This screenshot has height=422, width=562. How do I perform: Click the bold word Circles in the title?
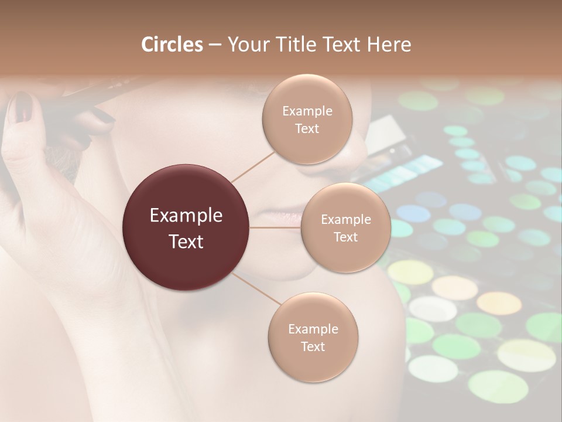(x=172, y=45)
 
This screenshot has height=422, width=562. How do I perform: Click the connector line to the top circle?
(x=253, y=165)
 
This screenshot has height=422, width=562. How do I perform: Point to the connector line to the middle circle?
(x=275, y=227)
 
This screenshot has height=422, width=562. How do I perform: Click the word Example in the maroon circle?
(x=186, y=216)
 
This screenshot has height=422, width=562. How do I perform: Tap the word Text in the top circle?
(x=307, y=129)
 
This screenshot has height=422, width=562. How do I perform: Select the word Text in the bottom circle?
(x=313, y=346)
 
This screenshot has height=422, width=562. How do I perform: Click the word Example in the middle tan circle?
(x=346, y=220)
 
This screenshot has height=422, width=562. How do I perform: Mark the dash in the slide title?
(x=214, y=45)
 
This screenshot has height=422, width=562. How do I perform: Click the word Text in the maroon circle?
(x=186, y=241)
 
